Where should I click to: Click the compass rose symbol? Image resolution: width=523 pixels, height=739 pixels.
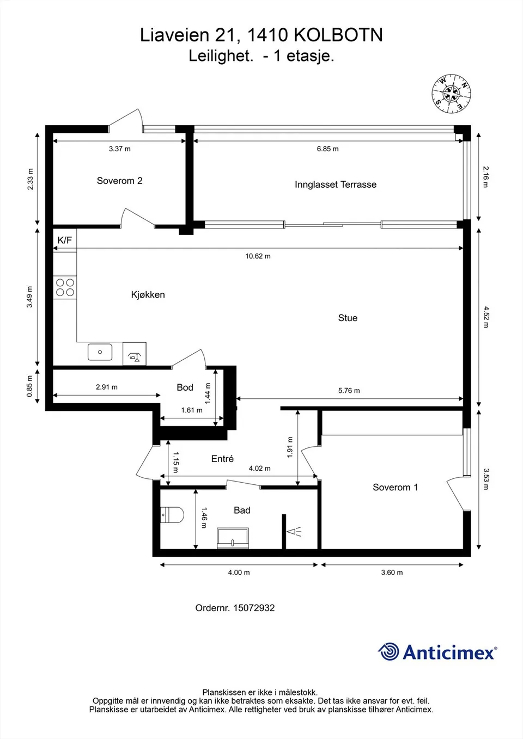451,94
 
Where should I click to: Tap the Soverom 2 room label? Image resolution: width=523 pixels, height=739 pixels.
119,181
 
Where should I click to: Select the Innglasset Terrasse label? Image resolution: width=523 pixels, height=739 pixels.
336,184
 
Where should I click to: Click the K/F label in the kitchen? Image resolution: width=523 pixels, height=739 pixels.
65,240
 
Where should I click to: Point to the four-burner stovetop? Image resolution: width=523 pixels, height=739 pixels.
65,287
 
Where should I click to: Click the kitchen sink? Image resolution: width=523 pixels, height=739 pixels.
100,352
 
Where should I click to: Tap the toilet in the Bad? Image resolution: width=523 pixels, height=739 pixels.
172,515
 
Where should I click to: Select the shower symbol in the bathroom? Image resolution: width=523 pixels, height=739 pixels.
294,532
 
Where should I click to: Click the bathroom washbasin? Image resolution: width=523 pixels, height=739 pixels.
233,538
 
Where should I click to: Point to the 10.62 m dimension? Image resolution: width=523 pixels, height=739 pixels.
258,256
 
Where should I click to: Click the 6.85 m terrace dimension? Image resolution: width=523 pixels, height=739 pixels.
327,149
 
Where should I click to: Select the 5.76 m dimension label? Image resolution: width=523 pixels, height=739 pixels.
349,391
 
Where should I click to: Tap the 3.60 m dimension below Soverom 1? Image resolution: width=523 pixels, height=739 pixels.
392,572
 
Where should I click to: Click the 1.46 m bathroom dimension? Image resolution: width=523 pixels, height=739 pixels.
204,518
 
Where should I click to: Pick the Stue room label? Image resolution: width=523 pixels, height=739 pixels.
348,318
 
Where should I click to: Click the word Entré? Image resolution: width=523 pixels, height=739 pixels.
222,459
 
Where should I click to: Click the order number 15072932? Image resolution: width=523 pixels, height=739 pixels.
254,608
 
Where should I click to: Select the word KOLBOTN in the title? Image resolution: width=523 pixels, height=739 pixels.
338,35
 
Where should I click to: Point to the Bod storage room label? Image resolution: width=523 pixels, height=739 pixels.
185,387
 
